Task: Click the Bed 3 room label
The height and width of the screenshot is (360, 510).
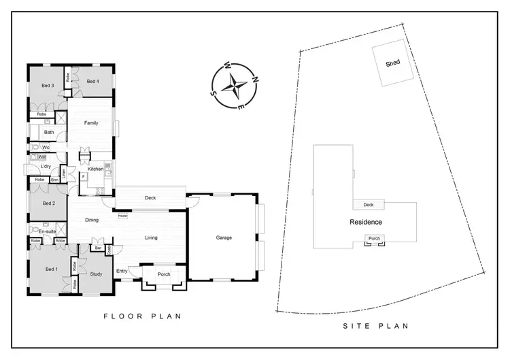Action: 48,86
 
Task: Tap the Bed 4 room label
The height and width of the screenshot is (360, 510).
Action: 93,82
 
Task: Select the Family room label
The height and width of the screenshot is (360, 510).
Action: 91,123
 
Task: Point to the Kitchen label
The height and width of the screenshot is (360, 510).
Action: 95,169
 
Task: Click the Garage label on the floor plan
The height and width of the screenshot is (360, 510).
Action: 224,238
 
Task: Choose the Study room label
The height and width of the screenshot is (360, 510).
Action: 97,274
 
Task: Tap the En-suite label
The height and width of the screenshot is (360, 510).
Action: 47,232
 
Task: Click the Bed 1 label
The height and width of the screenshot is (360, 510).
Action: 51,269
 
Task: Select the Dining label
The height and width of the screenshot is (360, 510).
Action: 92,220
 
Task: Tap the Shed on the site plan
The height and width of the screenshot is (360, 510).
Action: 392,63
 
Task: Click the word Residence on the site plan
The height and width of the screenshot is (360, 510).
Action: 366,222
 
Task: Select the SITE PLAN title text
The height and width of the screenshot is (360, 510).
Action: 376,326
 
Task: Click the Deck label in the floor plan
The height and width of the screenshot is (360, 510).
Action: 151,198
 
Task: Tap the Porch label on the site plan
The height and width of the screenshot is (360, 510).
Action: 373,238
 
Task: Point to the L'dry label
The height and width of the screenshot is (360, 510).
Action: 46,167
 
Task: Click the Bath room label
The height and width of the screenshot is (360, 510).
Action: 49,132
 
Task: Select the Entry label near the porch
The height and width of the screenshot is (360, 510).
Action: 122,271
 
